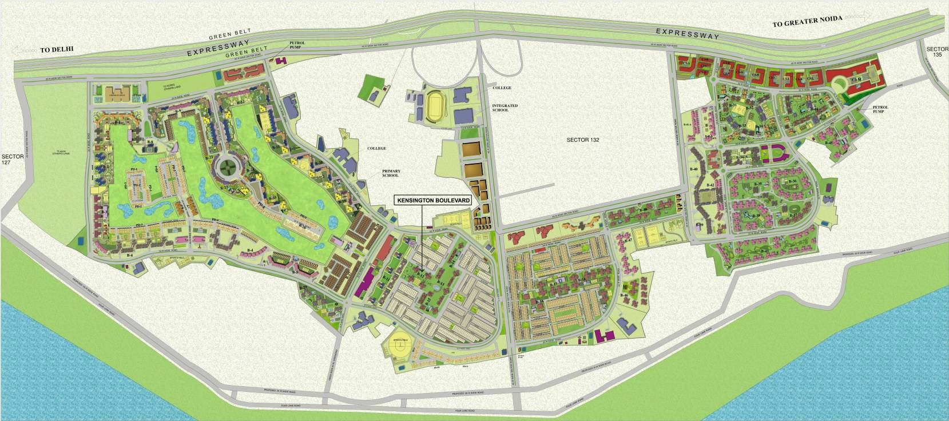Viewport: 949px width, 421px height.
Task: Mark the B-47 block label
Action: (628, 241)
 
